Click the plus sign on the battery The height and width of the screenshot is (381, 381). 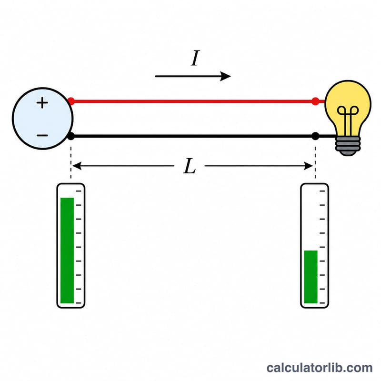click(42, 103)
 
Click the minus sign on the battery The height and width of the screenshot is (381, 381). click(42, 135)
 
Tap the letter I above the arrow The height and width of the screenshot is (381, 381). click(195, 58)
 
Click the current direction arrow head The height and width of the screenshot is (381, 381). click(225, 76)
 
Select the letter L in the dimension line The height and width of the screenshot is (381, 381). click(190, 166)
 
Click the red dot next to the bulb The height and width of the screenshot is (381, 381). click(315, 101)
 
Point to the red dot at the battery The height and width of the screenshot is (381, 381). click(71, 101)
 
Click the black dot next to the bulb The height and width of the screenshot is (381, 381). click(315, 136)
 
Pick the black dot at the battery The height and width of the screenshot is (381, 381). click(70, 136)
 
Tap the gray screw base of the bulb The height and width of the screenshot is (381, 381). click(348, 146)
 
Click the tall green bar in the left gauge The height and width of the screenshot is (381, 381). click(67, 251)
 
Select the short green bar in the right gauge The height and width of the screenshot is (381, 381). click(311, 277)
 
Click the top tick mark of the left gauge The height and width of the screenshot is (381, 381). click(79, 191)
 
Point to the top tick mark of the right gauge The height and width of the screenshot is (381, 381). click(322, 191)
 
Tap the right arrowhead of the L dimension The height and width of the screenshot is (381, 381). click(309, 166)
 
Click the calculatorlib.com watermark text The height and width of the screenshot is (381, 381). click(320, 368)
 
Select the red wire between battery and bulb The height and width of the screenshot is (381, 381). click(193, 101)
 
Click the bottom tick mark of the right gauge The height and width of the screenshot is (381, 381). click(322, 303)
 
